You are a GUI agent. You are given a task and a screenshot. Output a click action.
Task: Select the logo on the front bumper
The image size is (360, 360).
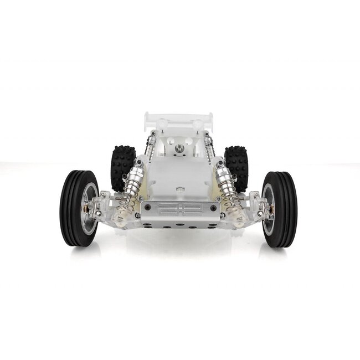179,209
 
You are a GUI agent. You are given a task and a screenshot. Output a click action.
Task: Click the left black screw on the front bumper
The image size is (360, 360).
147,208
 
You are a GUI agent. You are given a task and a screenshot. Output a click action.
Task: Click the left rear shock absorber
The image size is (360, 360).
150,145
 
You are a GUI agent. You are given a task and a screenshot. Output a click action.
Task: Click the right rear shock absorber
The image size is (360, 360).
209,145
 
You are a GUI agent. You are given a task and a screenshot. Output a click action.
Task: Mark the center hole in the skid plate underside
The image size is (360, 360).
179,226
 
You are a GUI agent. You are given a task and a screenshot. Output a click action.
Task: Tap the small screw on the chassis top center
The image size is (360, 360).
180,189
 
